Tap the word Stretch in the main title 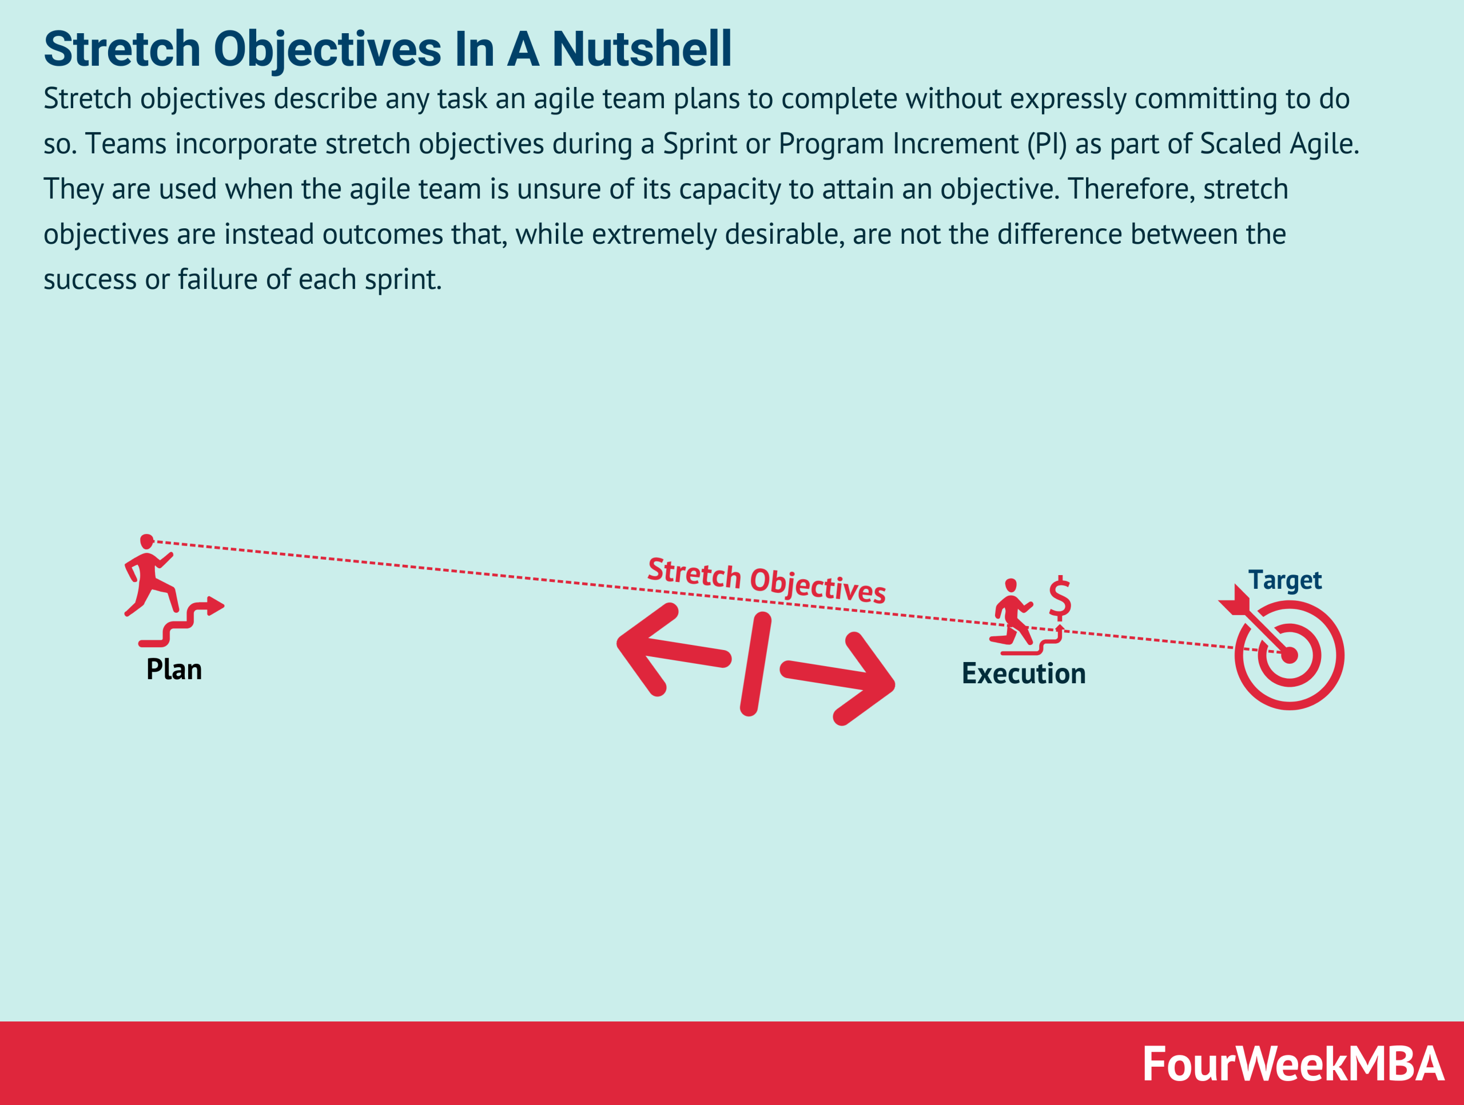122,50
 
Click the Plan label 174,670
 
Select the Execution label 1023,674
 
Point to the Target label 1284,580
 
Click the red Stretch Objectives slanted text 766,581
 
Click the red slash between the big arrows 756,664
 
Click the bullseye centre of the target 1289,655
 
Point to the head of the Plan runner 147,541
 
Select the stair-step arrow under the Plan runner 182,623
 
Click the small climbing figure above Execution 1011,612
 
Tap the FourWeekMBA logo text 1292,1064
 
